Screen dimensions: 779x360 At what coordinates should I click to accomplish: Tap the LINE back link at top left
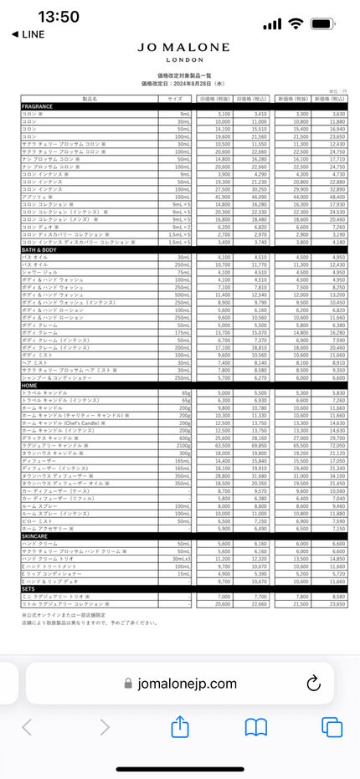click(28, 34)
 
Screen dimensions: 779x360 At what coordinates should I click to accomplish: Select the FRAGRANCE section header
click(38, 107)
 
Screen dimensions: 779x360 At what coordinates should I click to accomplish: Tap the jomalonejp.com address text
click(188, 683)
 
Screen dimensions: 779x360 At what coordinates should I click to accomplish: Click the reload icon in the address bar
click(314, 683)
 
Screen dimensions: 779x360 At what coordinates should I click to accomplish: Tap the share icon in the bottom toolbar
click(180, 727)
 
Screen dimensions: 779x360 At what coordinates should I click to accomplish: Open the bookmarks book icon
click(256, 727)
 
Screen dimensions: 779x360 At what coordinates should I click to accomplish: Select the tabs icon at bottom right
click(332, 727)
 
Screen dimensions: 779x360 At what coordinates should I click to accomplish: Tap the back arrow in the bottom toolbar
click(28, 727)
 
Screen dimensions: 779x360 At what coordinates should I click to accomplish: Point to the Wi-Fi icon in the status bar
click(295, 23)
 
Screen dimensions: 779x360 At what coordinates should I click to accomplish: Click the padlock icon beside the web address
click(128, 683)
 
